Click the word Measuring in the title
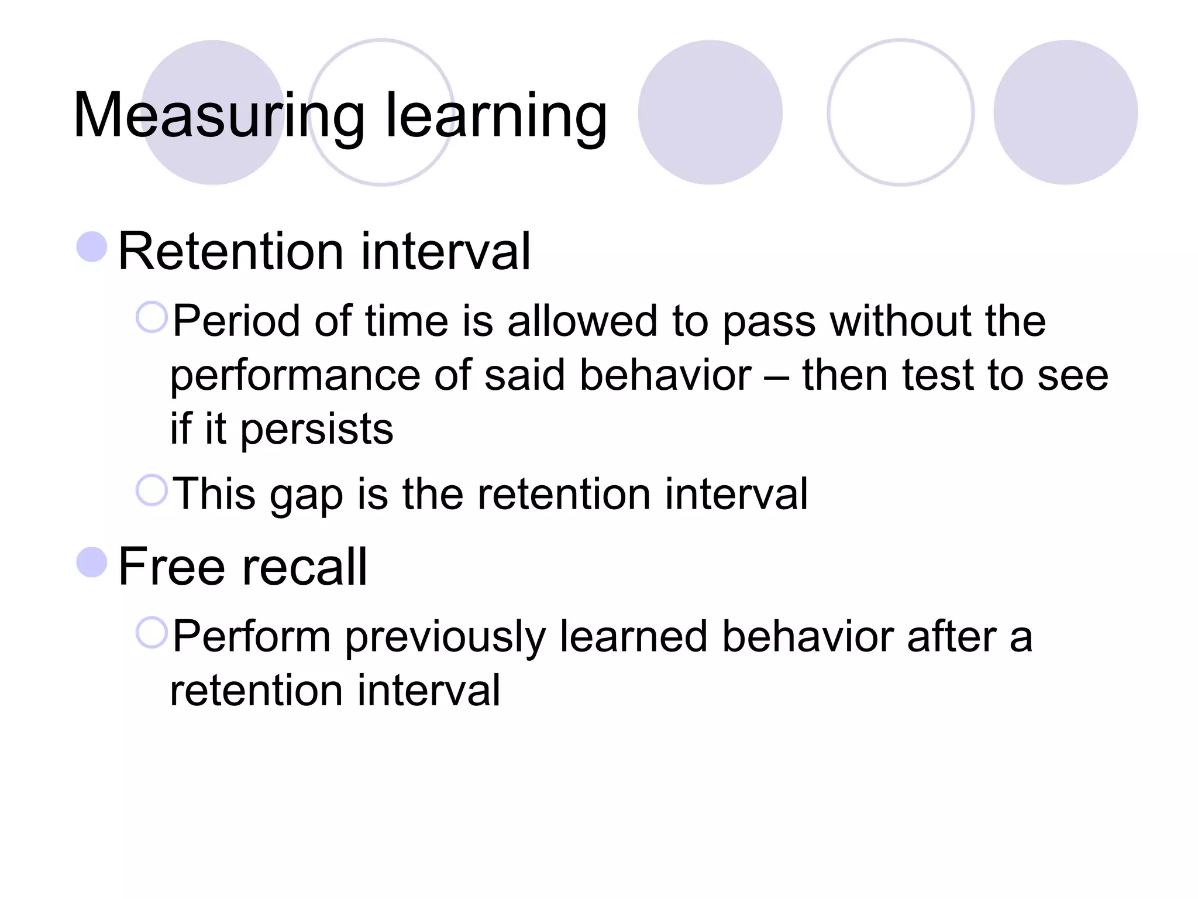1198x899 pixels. click(219, 115)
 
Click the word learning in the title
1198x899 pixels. click(496, 115)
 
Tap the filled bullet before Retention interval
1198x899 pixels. click(92, 247)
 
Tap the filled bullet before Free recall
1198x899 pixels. click(92, 562)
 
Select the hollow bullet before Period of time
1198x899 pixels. click(152, 317)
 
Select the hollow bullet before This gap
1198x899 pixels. click(152, 490)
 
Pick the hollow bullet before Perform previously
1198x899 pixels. click(152, 633)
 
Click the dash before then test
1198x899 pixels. click(777, 376)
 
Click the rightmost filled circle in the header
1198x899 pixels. click(1065, 112)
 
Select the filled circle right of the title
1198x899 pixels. click(710, 112)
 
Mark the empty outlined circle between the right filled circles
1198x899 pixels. click(900, 112)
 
